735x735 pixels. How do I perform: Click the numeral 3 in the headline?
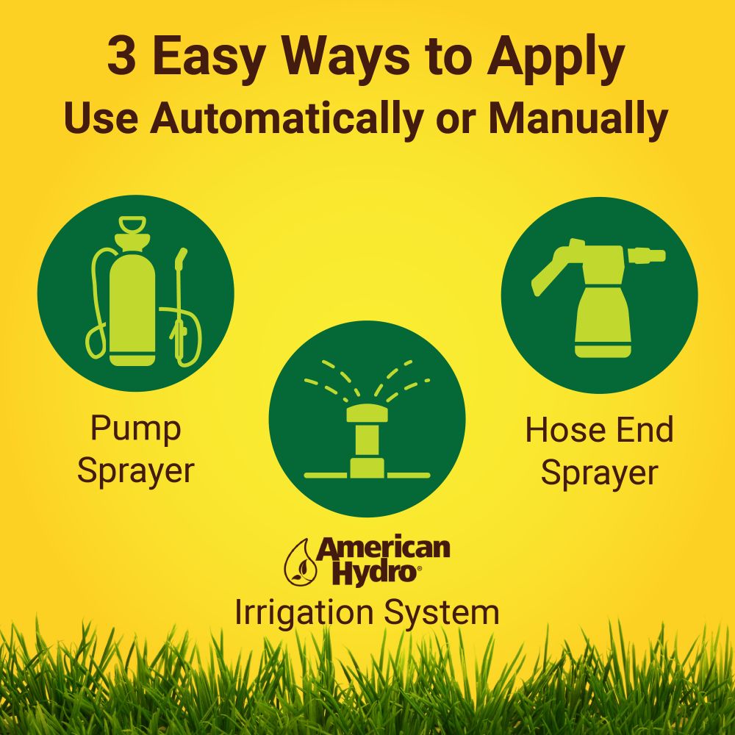[121, 58]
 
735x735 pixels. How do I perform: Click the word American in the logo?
[383, 548]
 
